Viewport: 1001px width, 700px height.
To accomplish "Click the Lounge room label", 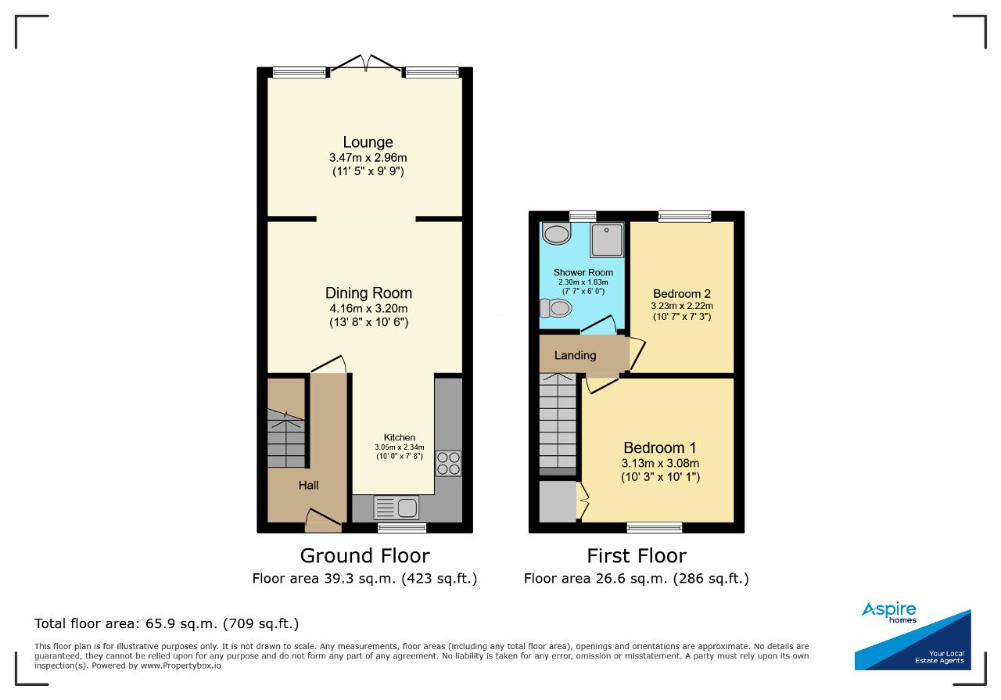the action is click(368, 142).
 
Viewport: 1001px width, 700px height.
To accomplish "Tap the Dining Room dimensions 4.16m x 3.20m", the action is click(368, 308).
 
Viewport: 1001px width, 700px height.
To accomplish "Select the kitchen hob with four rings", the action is click(448, 464).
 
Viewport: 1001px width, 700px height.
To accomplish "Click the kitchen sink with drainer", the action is click(396, 508).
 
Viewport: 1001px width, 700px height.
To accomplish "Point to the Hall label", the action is click(308, 486).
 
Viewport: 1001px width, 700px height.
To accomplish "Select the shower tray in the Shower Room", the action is click(606, 240).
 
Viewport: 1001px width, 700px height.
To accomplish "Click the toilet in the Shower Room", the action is click(556, 308).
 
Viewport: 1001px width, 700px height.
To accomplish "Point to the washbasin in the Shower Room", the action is click(556, 233).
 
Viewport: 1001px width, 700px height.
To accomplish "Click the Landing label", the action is click(575, 355).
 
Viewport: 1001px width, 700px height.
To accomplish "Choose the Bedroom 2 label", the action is click(681, 293).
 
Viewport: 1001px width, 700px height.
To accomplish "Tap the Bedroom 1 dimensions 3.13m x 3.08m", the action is click(660, 463).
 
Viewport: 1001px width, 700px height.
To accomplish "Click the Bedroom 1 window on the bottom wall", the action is click(655, 527).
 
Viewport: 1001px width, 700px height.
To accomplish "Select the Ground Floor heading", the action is click(364, 555).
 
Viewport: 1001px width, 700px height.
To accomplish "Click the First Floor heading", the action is click(637, 555).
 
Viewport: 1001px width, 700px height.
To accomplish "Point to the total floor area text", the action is click(167, 623).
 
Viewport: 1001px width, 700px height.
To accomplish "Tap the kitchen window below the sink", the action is click(402, 528).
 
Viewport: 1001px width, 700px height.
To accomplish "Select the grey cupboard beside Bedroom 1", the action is click(558, 501).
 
